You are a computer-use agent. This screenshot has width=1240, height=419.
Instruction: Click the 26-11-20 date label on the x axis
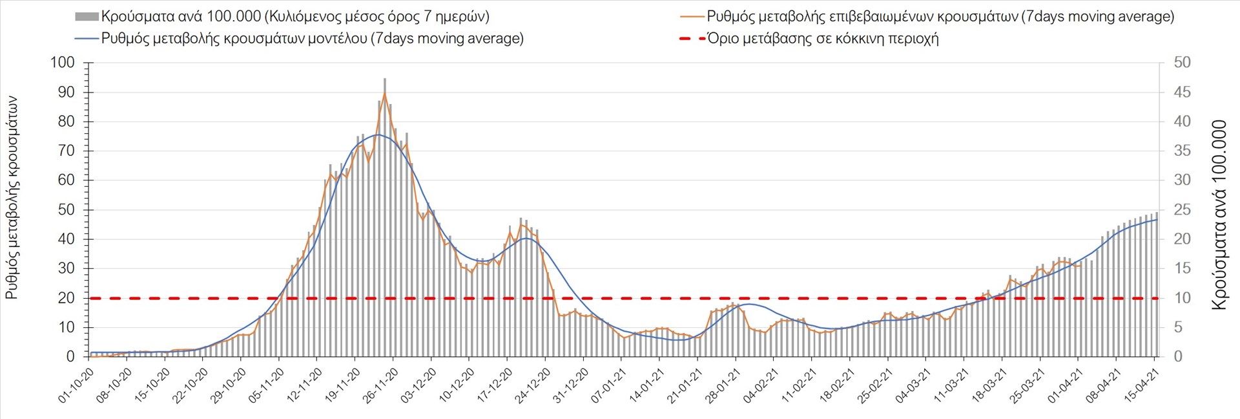click(x=380, y=386)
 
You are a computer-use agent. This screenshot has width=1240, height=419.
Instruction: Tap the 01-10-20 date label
click(x=76, y=386)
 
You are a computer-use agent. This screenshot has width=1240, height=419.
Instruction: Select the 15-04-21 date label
click(x=1142, y=386)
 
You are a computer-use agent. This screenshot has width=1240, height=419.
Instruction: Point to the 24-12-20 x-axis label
click(x=533, y=386)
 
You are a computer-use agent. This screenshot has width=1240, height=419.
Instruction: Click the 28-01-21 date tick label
click(x=723, y=386)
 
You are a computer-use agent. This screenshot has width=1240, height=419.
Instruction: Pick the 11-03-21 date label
click(x=951, y=386)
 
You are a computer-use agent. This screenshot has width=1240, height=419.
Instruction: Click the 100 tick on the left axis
click(x=63, y=63)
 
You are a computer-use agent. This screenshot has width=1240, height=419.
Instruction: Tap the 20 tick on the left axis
click(x=67, y=298)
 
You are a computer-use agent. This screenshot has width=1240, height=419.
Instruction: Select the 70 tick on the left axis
click(x=67, y=151)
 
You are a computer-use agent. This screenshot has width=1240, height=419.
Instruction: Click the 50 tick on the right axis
click(x=1182, y=63)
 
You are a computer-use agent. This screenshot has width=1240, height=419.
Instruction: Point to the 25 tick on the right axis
click(x=1182, y=209)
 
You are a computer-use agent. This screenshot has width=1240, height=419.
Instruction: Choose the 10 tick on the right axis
click(x=1182, y=298)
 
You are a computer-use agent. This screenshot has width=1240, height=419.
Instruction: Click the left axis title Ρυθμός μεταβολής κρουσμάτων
click(x=12, y=197)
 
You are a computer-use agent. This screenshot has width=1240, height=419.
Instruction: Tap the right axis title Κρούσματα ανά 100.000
click(x=1219, y=215)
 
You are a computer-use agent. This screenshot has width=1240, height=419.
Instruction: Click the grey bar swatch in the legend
click(x=87, y=17)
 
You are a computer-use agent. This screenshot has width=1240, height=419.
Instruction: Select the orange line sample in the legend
click(x=692, y=17)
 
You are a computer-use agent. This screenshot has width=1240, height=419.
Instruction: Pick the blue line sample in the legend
click(x=87, y=39)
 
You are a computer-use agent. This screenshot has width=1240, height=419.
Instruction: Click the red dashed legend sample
click(x=692, y=39)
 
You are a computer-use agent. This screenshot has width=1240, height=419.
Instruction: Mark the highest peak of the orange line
click(x=384, y=94)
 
